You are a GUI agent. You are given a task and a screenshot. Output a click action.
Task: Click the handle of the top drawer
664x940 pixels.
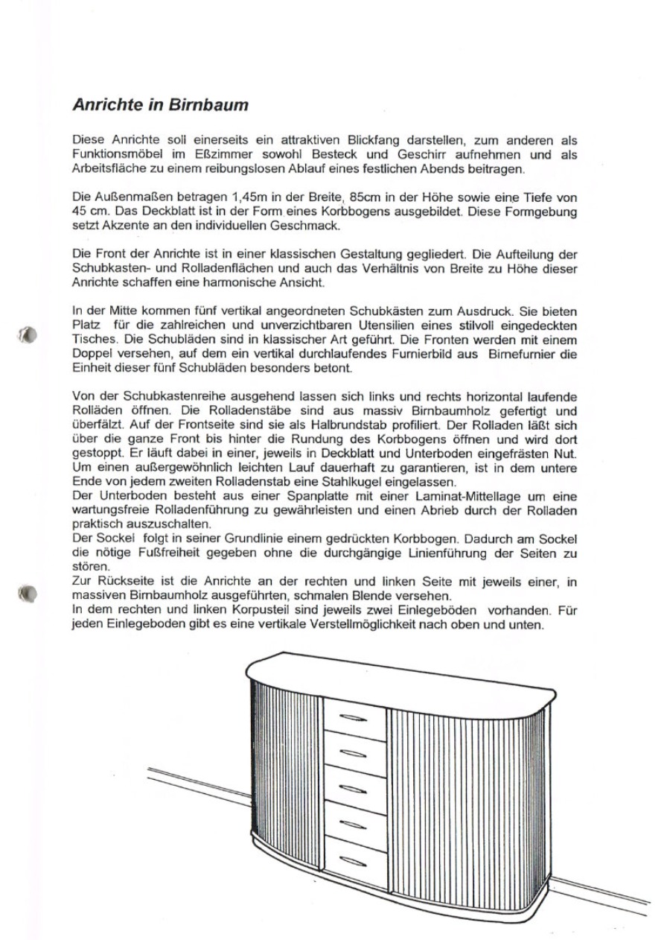click(354, 719)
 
